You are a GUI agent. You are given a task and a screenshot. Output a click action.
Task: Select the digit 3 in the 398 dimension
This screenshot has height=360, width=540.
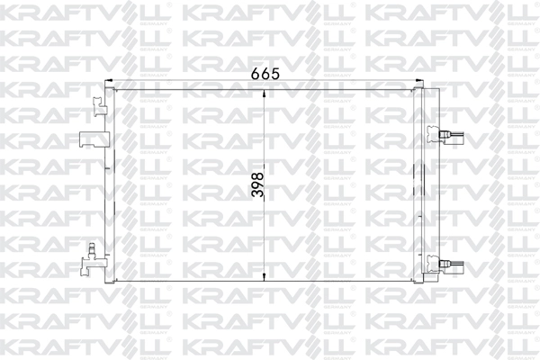tap(256, 195)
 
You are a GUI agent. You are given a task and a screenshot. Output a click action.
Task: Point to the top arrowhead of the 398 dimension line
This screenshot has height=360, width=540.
tap(263, 93)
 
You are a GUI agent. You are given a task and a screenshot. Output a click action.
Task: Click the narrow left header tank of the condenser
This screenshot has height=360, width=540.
tap(112, 184)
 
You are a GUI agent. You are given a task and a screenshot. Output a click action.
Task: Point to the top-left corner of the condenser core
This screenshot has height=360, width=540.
tap(117, 90)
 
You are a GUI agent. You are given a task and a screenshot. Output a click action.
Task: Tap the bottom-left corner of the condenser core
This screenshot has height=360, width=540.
tap(117, 279)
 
